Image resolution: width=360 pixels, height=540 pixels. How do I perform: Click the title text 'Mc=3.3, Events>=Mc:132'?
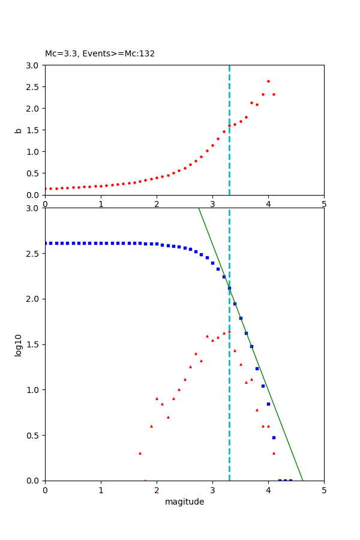click(x=100, y=54)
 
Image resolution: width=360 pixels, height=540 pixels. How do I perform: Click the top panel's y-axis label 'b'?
click(x=18, y=130)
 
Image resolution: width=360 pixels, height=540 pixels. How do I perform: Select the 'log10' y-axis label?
click(x=18, y=345)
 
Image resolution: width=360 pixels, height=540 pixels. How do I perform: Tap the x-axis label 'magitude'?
click(x=184, y=502)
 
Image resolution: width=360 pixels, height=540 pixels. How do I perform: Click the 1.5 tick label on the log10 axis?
click(x=33, y=344)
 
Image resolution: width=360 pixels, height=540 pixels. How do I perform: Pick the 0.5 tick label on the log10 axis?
click(x=33, y=436)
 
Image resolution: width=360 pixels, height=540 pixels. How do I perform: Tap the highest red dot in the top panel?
click(x=268, y=81)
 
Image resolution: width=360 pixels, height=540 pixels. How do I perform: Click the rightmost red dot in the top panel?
click(x=274, y=94)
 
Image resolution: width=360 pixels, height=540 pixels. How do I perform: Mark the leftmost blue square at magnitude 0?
click(x=45, y=243)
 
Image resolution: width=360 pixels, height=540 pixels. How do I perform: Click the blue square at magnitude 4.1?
click(x=274, y=437)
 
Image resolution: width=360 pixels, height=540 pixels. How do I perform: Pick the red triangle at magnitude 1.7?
click(x=140, y=453)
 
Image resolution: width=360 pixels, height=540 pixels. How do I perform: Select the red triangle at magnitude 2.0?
click(x=157, y=398)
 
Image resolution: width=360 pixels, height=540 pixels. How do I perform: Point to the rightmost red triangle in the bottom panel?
click(x=274, y=453)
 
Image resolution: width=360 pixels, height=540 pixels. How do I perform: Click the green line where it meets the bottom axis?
click(x=302, y=480)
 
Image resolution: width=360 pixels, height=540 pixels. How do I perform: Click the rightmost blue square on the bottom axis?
click(x=290, y=480)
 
